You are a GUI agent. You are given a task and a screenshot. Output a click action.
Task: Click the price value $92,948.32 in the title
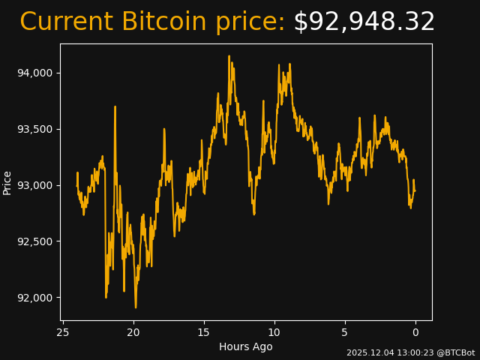(x=364, y=22)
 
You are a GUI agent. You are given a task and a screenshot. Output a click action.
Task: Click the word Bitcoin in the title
(x=163, y=22)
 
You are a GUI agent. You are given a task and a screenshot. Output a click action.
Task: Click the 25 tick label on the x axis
(x=63, y=332)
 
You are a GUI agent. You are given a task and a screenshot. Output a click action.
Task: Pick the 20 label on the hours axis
(x=133, y=332)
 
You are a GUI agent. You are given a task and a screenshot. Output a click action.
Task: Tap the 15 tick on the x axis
(x=204, y=332)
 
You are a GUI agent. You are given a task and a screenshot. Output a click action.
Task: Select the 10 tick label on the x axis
(x=274, y=332)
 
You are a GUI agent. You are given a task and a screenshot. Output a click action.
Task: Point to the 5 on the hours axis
(x=345, y=332)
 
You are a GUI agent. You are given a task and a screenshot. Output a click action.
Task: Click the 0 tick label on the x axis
(x=415, y=332)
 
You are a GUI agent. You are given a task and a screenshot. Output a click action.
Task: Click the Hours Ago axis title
(x=246, y=346)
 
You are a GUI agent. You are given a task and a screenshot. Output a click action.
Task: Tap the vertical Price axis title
(x=7, y=182)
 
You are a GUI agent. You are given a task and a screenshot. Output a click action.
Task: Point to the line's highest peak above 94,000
(x=229, y=55)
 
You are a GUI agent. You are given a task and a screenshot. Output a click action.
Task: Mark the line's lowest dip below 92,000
(x=136, y=307)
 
